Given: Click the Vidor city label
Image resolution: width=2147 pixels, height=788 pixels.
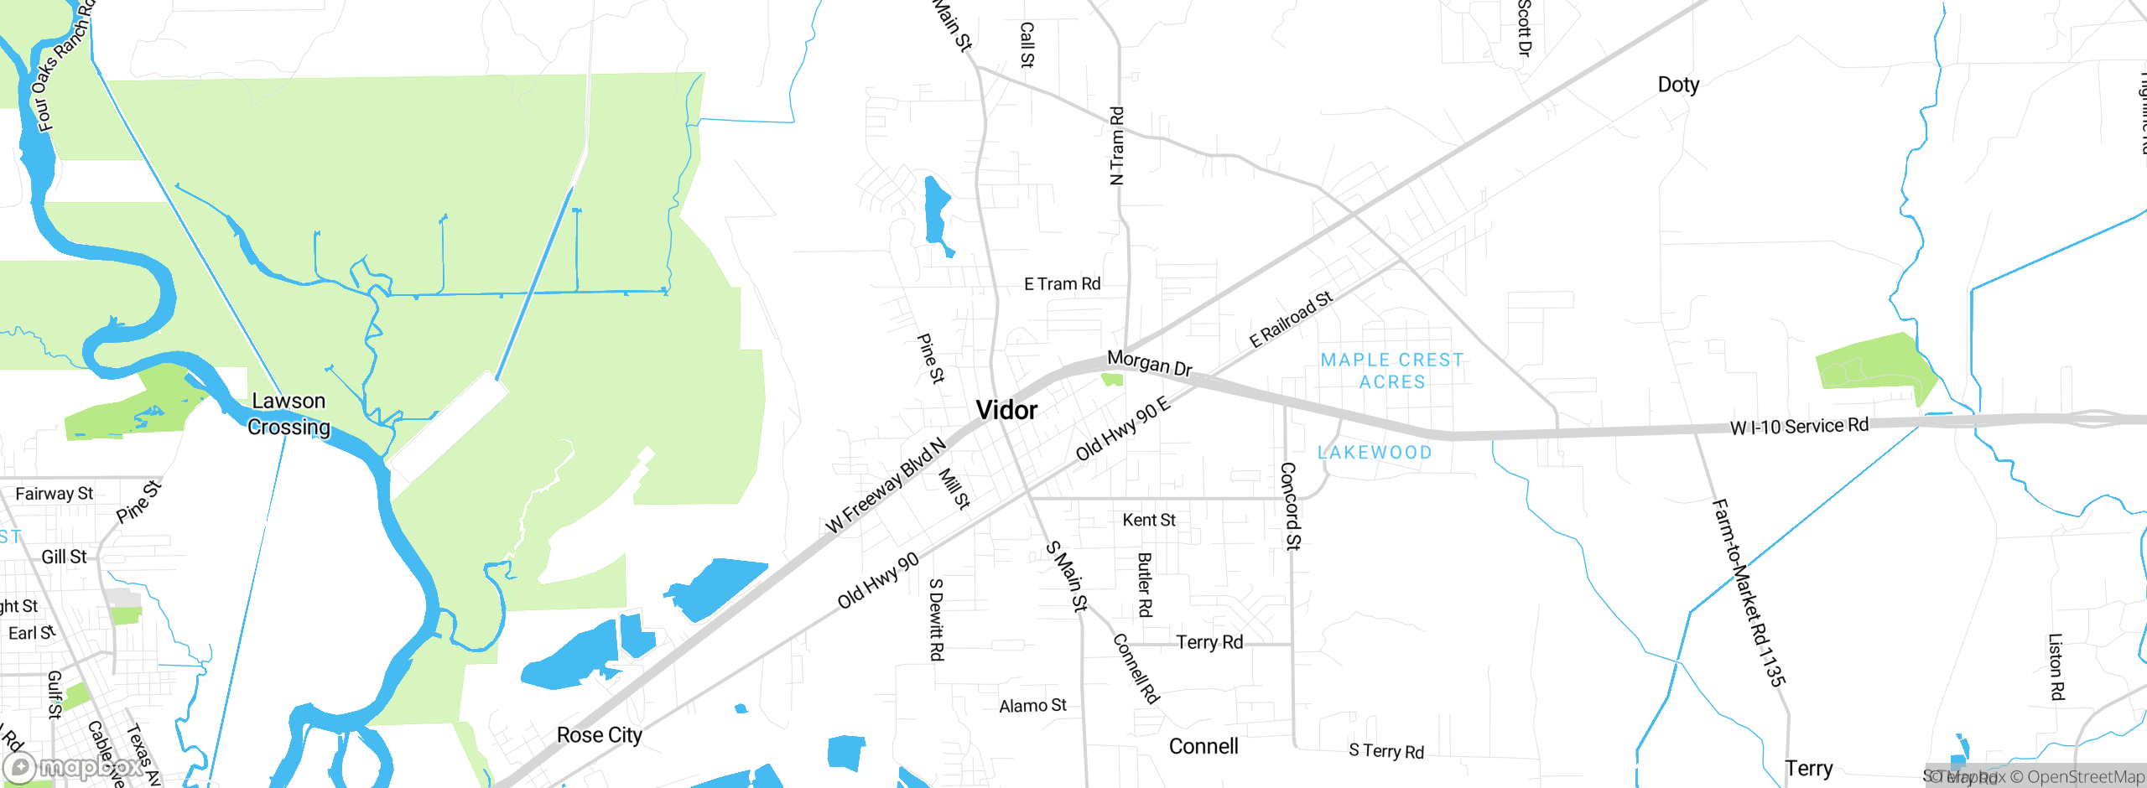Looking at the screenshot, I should click(1006, 411).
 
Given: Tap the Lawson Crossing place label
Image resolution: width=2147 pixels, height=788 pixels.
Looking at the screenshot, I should click(289, 414).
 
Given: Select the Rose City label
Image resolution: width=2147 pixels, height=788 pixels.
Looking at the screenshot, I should click(599, 735).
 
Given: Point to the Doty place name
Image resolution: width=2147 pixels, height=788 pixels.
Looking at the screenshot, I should click(1678, 85).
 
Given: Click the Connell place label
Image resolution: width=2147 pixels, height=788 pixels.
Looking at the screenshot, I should click(1203, 746).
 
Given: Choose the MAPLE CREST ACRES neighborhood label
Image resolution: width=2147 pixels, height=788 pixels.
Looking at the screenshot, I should click(1392, 371).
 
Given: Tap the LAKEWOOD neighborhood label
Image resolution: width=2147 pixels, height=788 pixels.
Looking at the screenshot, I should click(1375, 453).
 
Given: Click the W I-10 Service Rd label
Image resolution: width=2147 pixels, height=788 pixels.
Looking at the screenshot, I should click(1799, 427).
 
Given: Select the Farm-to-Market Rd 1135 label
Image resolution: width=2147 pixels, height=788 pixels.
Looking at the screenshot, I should click(1748, 592).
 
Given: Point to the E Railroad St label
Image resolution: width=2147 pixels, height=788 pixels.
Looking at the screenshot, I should click(1291, 320).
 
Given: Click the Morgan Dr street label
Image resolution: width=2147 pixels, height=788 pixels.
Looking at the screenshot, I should click(1150, 363).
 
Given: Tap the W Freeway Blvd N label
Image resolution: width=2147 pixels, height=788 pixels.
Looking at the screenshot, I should click(886, 485).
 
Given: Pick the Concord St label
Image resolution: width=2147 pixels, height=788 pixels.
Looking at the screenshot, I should click(1290, 505).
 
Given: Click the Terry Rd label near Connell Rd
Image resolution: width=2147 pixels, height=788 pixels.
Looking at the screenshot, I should click(1209, 642).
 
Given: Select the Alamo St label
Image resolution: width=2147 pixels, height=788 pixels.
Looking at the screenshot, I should click(1032, 706).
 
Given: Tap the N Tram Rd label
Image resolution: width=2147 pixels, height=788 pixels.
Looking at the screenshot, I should click(1116, 145).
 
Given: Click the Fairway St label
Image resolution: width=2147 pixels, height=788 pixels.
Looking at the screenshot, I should click(55, 494).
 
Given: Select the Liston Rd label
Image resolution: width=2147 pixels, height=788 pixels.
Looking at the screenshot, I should click(2056, 666).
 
